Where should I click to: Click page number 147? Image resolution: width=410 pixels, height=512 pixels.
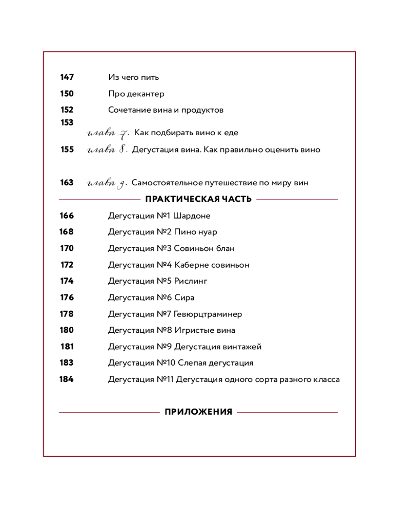pyautogui.click(x=67, y=77)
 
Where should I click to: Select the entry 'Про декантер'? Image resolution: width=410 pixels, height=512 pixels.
pyautogui.click(x=136, y=94)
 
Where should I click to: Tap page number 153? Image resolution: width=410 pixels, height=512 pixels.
pyautogui.click(x=67, y=122)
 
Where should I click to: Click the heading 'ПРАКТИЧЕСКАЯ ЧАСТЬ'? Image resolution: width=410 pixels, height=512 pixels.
pyautogui.click(x=198, y=199)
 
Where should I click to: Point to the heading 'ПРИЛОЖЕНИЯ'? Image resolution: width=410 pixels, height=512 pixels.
pyautogui.click(x=198, y=412)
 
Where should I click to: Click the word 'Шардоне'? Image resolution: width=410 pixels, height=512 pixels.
pyautogui.click(x=192, y=216)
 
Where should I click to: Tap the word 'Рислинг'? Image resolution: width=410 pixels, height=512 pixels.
pyautogui.click(x=191, y=281)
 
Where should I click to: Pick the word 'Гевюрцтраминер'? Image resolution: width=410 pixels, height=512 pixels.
pyautogui.click(x=208, y=314)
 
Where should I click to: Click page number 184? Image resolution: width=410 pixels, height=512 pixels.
pyautogui.click(x=67, y=379)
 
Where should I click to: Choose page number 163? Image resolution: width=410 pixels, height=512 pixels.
pyautogui.click(x=67, y=183)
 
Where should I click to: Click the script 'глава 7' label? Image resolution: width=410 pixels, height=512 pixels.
pyautogui.click(x=108, y=134)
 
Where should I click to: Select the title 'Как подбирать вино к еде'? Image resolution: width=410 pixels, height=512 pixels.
pyautogui.click(x=186, y=133)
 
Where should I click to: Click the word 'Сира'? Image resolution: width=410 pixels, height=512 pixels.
pyautogui.click(x=184, y=297)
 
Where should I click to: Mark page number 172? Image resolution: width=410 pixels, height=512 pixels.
pyautogui.click(x=67, y=265)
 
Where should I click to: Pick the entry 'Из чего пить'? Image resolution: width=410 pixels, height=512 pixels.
pyautogui.click(x=133, y=77)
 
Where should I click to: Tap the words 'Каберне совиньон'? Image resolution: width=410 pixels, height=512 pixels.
pyautogui.click(x=212, y=265)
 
